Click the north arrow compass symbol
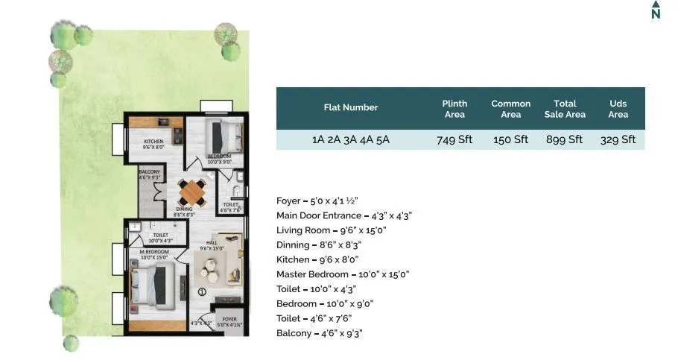click(656, 10)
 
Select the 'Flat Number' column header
click(350, 107)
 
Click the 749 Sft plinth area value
click(454, 139)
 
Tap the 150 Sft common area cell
click(510, 139)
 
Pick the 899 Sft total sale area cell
click(565, 139)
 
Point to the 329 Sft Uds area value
click(618, 139)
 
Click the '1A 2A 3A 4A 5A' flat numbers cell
click(350, 139)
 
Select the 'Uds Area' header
click(618, 109)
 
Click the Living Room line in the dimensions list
click(332, 230)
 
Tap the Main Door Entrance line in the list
click(344, 215)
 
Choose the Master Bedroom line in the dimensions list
click(343, 274)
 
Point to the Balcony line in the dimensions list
click(320, 333)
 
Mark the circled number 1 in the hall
click(202, 291)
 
